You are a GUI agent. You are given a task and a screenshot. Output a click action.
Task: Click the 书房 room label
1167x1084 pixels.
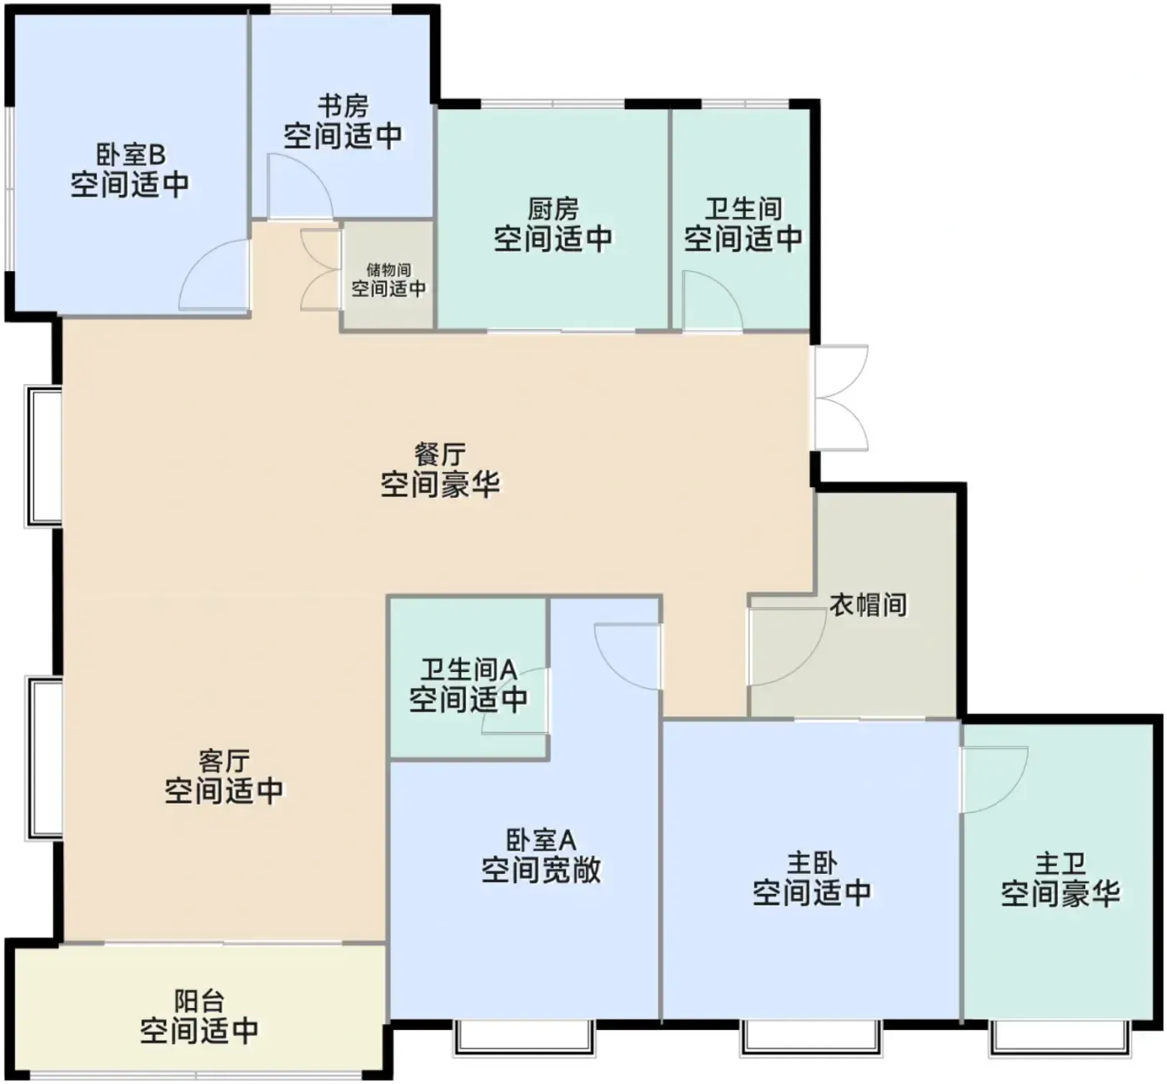pyautogui.click(x=343, y=107)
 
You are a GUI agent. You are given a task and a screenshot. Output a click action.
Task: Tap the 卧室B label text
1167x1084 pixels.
pyautogui.click(x=130, y=155)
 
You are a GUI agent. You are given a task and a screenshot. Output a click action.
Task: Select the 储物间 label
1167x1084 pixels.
pyautogui.click(x=388, y=270)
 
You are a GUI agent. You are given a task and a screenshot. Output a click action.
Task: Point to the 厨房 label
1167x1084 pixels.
pyautogui.click(x=553, y=209)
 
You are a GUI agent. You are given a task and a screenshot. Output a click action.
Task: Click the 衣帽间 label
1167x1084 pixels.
pyautogui.click(x=868, y=605)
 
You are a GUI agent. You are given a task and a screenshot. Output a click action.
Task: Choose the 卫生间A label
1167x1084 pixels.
pyautogui.click(x=468, y=670)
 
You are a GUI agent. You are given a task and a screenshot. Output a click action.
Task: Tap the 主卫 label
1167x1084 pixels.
pyautogui.click(x=1060, y=865)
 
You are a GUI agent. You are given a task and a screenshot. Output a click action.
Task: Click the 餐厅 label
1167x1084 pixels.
pyautogui.click(x=440, y=454)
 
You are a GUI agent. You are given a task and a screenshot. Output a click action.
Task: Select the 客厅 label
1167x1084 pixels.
pyautogui.click(x=224, y=761)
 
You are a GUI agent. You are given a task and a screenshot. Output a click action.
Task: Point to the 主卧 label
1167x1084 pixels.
pyautogui.click(x=812, y=864)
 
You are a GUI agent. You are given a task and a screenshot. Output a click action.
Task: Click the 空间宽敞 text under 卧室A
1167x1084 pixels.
pyautogui.click(x=541, y=871)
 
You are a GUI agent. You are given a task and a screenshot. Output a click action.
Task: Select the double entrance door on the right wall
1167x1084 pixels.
pyautogui.click(x=841, y=398)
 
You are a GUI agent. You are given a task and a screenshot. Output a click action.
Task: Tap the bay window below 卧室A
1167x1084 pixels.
pyautogui.click(x=524, y=1037)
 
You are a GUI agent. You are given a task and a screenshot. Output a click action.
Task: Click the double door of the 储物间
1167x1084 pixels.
pyautogui.click(x=320, y=269)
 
